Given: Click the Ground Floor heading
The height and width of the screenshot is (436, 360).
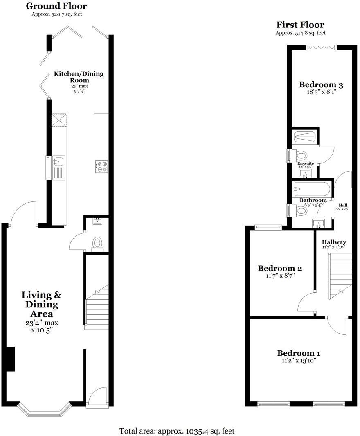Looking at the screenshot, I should (x=56, y=6).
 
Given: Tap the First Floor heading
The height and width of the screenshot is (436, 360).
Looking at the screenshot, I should (x=300, y=25).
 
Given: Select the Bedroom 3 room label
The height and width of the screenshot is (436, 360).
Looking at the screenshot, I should (x=321, y=85).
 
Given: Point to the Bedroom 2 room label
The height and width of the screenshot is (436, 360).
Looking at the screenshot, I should (x=280, y=269).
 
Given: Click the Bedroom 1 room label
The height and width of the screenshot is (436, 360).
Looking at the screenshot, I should (x=299, y=353).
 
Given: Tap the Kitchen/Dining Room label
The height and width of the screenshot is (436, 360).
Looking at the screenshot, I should (x=79, y=77).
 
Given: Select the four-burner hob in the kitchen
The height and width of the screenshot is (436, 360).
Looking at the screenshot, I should (x=101, y=166).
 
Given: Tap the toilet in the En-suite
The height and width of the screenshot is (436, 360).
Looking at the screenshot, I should (x=300, y=156).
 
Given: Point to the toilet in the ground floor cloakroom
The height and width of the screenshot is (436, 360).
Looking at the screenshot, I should (x=97, y=243).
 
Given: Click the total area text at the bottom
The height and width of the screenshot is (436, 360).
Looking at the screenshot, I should (x=177, y=431).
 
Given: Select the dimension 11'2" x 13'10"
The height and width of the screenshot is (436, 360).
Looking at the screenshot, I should (x=299, y=361).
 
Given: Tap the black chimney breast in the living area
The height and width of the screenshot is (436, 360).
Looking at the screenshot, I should (x=10, y=359).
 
